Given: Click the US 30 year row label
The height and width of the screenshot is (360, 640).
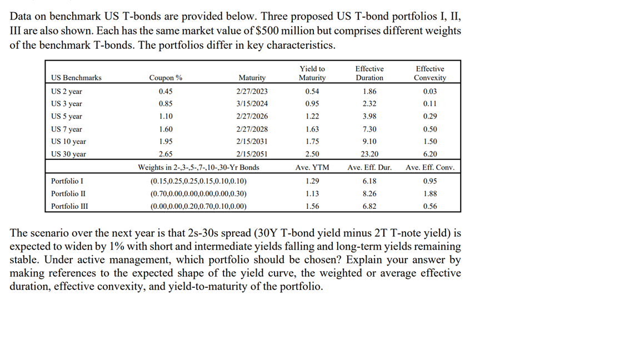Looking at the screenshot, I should pos(68,154).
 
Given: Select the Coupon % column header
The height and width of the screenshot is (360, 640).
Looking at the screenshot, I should pos(166,78).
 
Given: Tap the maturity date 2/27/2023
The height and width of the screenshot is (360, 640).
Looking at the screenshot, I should pos(252,92).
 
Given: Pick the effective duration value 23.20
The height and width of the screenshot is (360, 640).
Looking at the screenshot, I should pos(369,154).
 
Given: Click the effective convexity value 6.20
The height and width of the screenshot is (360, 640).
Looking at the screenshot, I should pos(429,154).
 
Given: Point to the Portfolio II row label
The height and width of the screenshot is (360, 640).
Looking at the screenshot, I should pos(68,194).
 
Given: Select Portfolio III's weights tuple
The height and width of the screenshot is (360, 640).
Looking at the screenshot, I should pos(198,206).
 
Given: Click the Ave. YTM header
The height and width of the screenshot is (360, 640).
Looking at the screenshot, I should pos(312,167).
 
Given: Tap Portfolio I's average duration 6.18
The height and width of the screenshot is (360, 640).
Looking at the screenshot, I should pos(369,181).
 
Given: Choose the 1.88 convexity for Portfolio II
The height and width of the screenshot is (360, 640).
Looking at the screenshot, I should pos(429,194).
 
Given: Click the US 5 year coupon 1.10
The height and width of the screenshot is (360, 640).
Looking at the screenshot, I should pos(166,117).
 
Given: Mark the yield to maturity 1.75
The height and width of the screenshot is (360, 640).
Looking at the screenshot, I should pos(312,142).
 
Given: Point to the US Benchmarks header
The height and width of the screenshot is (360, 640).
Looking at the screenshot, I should pos(76,78).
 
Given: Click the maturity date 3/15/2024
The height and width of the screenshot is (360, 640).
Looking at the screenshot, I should pos(252,104).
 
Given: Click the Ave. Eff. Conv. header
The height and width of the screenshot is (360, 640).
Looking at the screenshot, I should pos(430,167).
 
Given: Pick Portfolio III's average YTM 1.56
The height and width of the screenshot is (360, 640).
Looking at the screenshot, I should pos(312,206).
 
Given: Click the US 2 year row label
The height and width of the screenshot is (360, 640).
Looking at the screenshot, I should pos(67,92).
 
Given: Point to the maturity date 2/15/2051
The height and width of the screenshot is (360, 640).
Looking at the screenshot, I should pos(252,154).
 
